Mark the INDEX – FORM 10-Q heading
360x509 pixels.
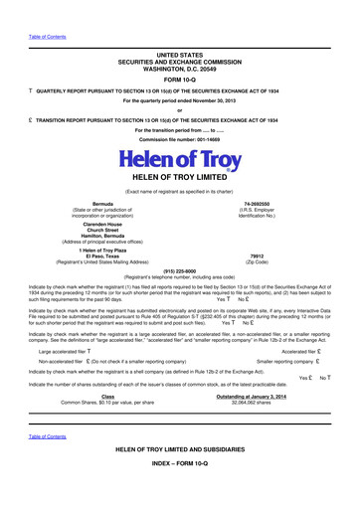click(180, 490)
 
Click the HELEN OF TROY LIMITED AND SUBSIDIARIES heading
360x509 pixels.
click(180, 477)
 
